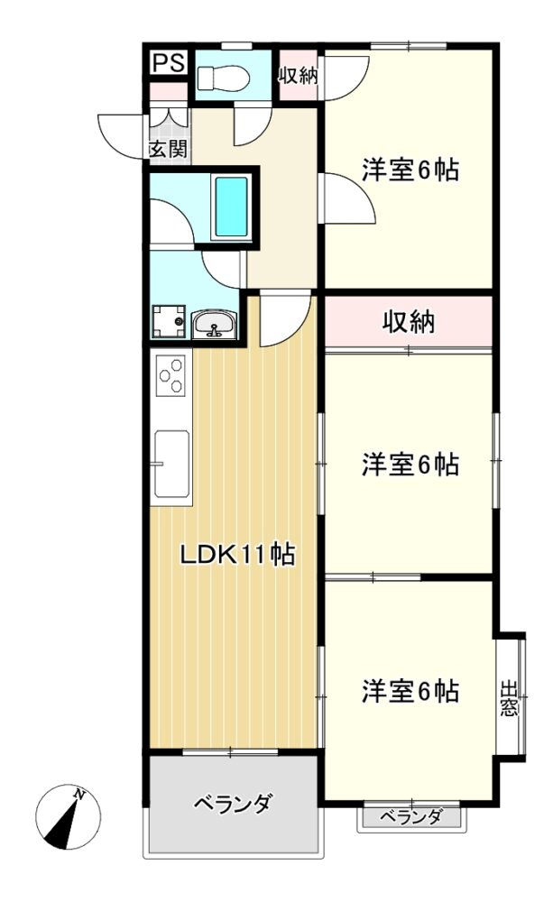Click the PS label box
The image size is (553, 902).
tap(169, 63)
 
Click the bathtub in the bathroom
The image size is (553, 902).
tap(231, 207)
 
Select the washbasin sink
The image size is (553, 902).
tap(214, 325)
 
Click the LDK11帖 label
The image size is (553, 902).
tap(237, 555)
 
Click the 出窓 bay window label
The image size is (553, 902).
tap(509, 698)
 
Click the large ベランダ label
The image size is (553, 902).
tap(231, 803)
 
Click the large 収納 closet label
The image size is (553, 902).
tap(410, 323)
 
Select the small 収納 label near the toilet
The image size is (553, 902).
tap(298, 76)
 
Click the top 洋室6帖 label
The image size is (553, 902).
tap(410, 170)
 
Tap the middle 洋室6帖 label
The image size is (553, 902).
tap(410, 464)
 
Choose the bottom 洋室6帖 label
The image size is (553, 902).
tap(410, 691)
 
